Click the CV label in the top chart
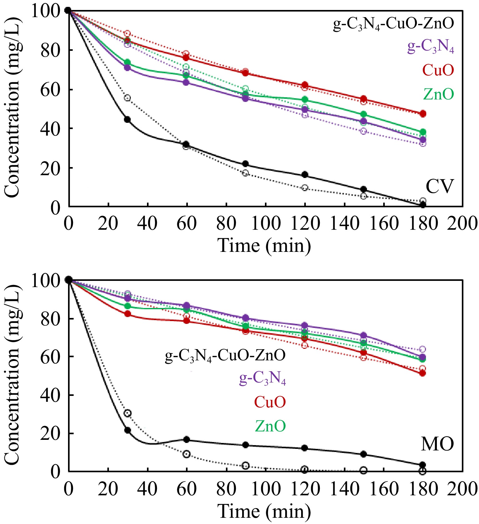(x=439, y=187)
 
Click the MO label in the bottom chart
(x=437, y=444)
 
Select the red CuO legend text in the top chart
(x=438, y=70)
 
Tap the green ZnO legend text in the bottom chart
(x=270, y=426)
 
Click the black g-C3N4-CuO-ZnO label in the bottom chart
(x=225, y=355)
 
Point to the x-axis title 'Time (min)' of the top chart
(x=264, y=245)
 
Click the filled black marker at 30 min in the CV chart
(x=127, y=119)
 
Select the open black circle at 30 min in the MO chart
(x=127, y=413)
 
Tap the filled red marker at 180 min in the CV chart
(x=423, y=114)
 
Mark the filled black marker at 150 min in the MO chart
(x=364, y=454)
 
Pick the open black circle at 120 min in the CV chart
(x=305, y=188)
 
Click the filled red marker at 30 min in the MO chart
(x=127, y=314)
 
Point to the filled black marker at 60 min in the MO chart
(x=187, y=440)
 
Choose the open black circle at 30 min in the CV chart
(x=127, y=98)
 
